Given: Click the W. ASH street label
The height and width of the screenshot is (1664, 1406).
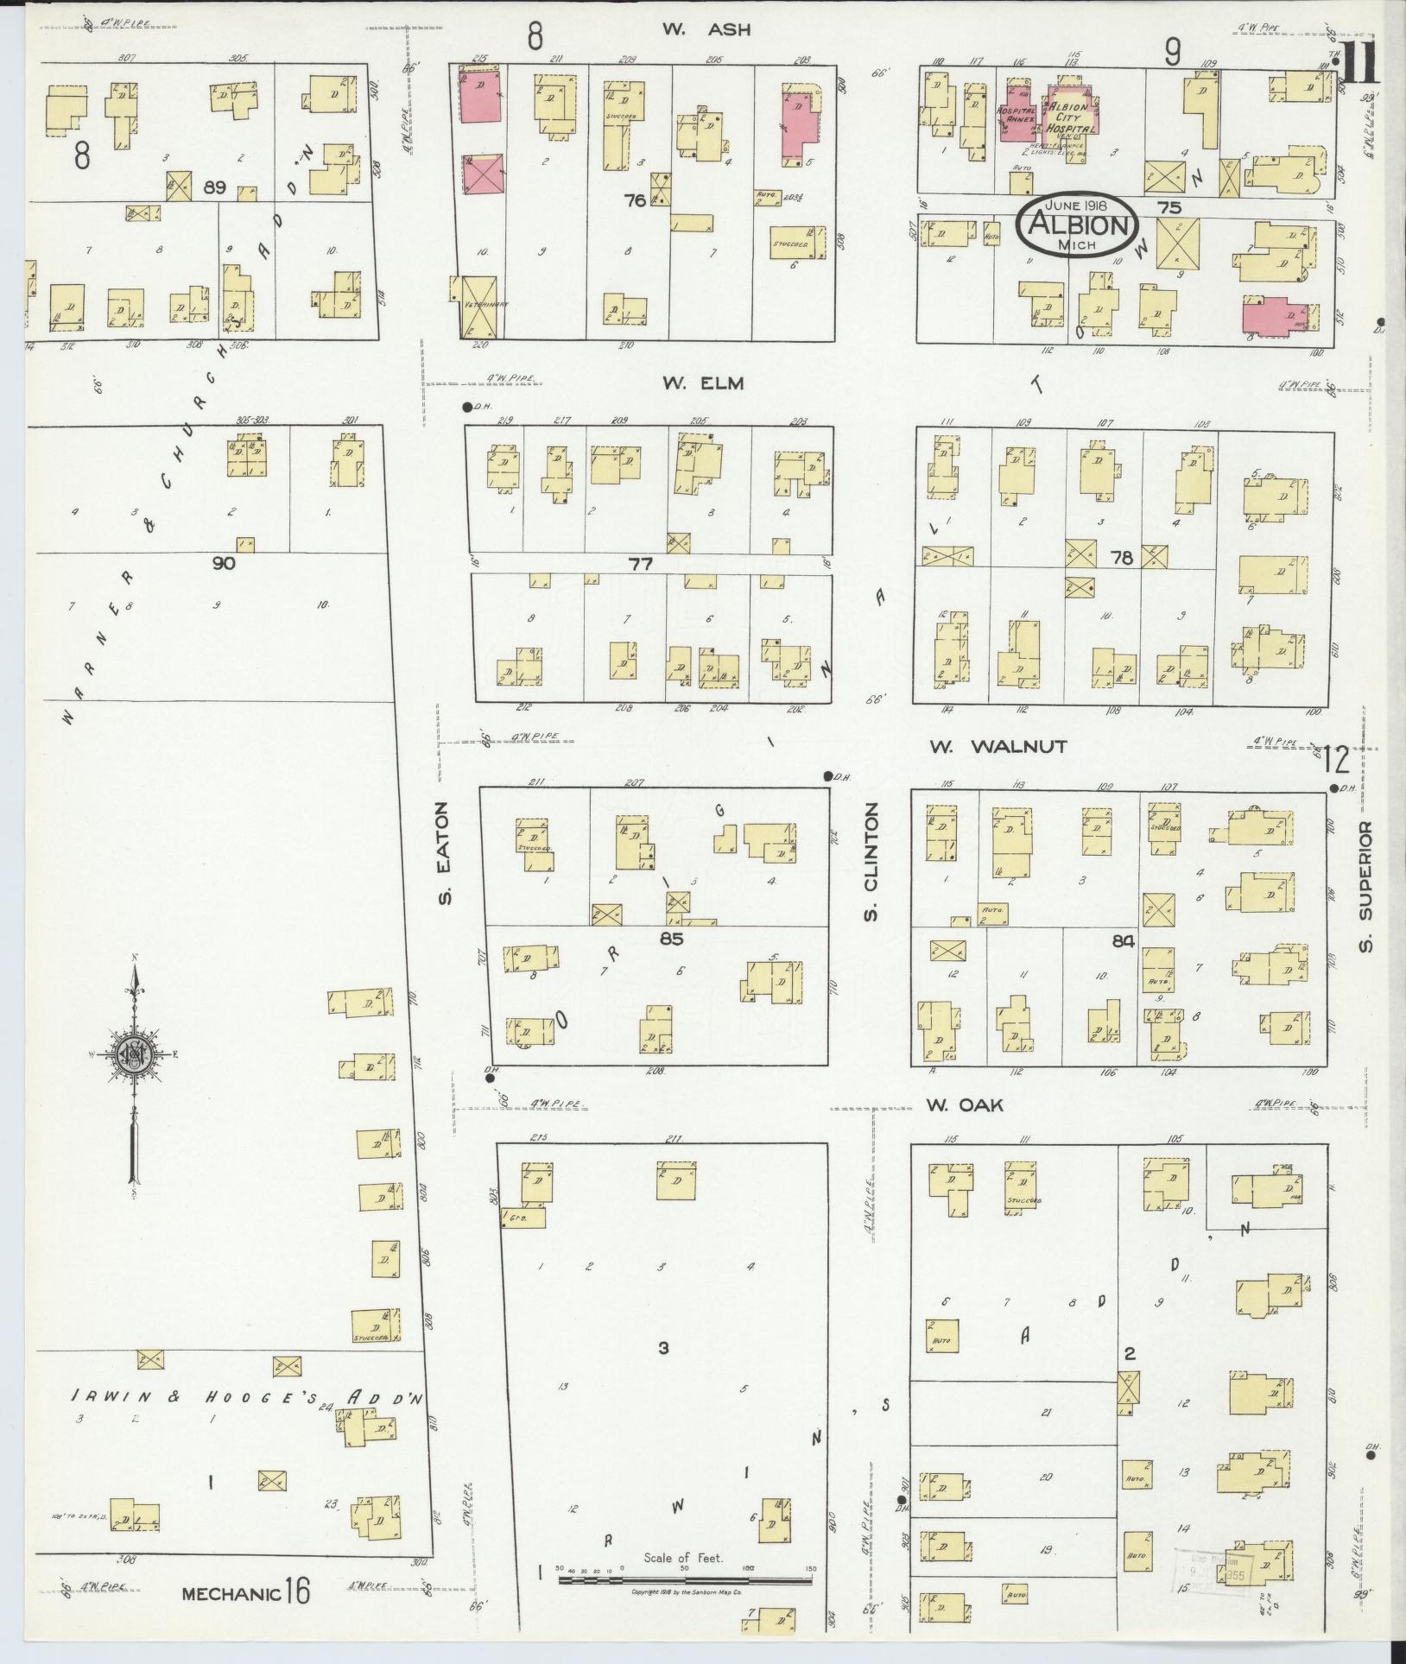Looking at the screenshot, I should coord(706,29).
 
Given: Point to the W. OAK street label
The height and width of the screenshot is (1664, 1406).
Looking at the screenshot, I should coord(964,1104).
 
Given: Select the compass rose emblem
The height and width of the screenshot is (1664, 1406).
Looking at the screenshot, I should coord(135,1054).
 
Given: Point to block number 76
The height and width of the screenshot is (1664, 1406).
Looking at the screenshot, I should coord(636,200).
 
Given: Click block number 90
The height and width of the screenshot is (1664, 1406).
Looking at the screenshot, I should coord(224,563).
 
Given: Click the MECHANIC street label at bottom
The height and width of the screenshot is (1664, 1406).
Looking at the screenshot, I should coord(231,1593).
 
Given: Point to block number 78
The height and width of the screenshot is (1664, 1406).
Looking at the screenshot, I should coord(1121,559).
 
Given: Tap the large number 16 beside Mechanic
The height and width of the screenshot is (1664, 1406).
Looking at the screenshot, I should coord(298,1591).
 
